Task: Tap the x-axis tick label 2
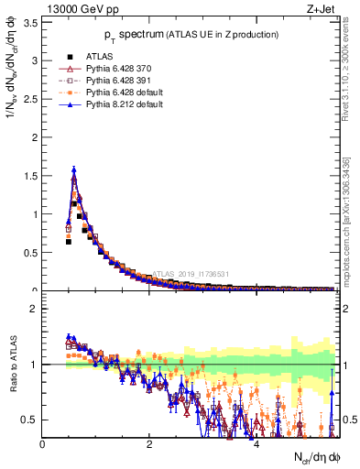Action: point(149,444)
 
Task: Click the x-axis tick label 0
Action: point(43,444)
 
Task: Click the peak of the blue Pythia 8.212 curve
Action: point(73,169)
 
